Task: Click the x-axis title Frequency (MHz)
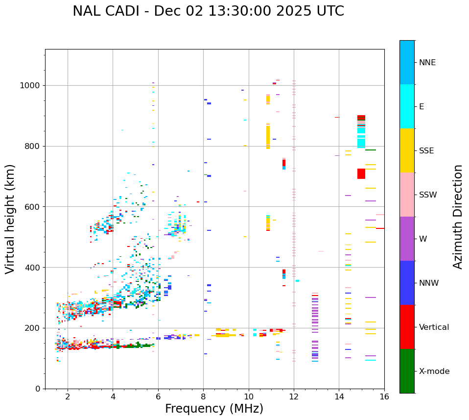tap(214, 409)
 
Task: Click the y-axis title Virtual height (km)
tap(10, 219)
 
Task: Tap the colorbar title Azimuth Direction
tap(458, 217)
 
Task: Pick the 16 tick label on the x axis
tap(384, 396)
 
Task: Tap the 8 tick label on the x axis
tap(203, 396)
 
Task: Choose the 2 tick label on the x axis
tap(68, 396)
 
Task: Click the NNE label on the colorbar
tap(427, 63)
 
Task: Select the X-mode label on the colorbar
tap(434, 371)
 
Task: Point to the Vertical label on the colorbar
tap(434, 327)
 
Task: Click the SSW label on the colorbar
tap(427, 195)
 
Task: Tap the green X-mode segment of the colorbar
tap(407, 371)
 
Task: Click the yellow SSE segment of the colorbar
tap(407, 150)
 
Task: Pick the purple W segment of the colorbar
tap(407, 239)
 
